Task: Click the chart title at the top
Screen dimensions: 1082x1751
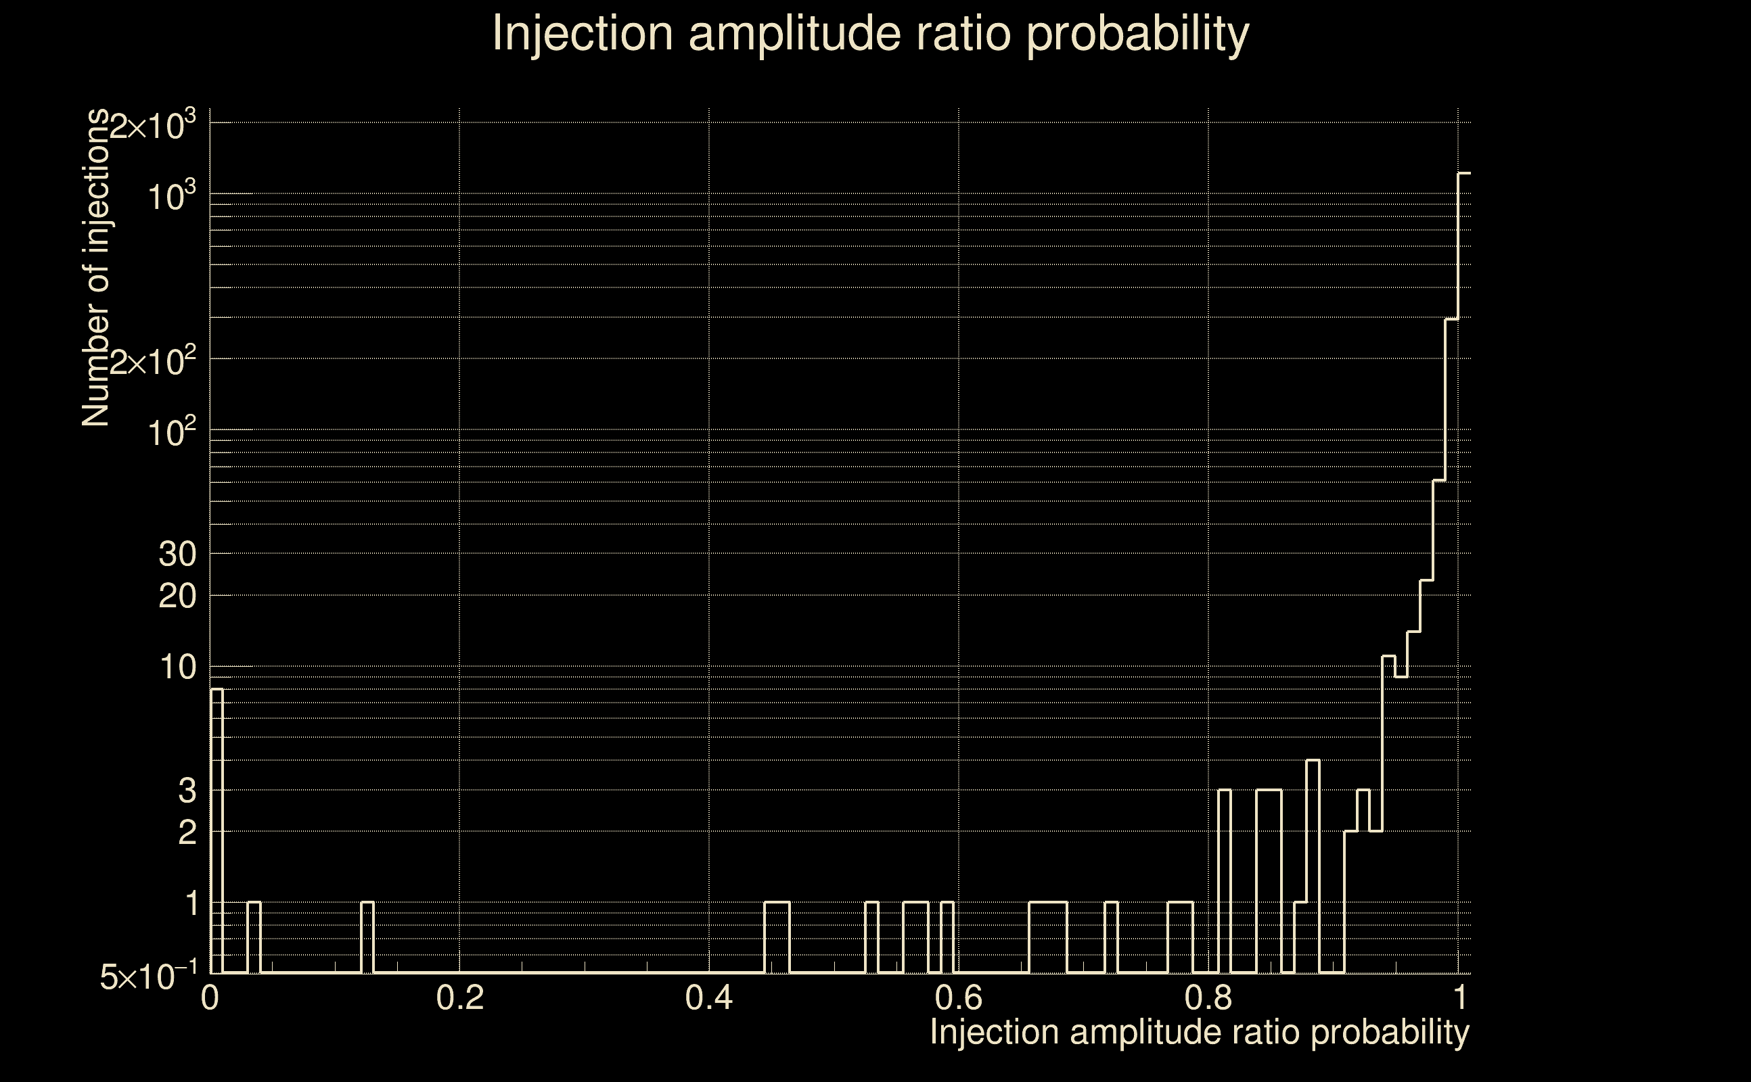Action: click(x=871, y=34)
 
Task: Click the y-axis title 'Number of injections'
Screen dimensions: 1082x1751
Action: click(x=96, y=268)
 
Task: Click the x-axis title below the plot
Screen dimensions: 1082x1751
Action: click(x=1199, y=1033)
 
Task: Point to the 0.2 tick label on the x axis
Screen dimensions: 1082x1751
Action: click(x=459, y=997)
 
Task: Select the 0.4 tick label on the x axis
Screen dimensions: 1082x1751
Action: click(x=708, y=997)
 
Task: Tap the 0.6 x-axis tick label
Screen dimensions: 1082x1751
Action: click(x=959, y=997)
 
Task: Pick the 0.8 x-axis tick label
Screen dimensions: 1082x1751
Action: click(x=1208, y=997)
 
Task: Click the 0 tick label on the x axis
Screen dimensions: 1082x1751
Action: click(x=210, y=997)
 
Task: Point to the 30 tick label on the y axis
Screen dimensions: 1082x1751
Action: click(x=177, y=554)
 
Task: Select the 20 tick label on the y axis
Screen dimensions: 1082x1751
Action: click(x=177, y=595)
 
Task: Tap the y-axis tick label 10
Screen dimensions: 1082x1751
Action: click(x=177, y=667)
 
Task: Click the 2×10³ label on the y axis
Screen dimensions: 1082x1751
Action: click(x=152, y=126)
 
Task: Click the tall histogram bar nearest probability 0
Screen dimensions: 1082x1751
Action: click(x=217, y=830)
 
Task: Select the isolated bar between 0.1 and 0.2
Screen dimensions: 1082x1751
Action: click(x=367, y=937)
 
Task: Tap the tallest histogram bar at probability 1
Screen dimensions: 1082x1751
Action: click(x=1464, y=573)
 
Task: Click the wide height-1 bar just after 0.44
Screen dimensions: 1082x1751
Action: click(x=777, y=937)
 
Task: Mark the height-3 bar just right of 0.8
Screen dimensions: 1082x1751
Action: click(x=1224, y=880)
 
